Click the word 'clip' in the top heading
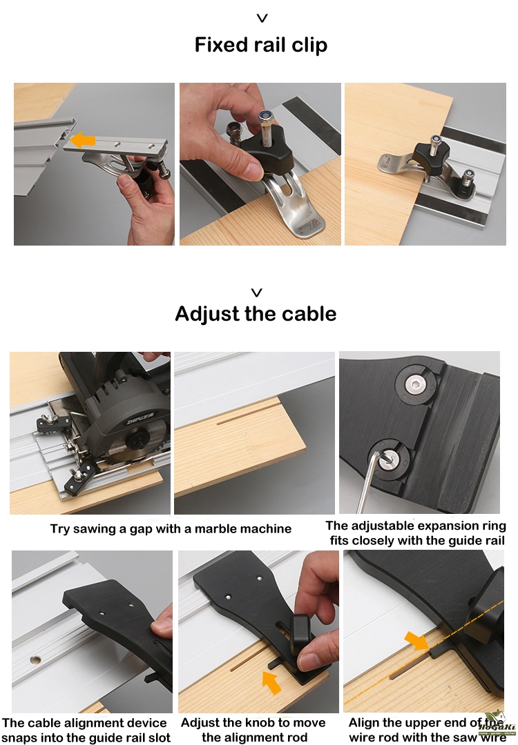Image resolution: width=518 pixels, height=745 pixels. point(309,46)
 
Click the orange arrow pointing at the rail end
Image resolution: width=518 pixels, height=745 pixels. point(82,140)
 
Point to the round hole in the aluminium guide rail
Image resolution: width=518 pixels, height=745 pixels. point(35,659)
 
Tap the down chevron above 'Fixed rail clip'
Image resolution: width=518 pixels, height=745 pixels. point(262,18)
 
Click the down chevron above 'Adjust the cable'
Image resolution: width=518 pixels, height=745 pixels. point(257,292)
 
